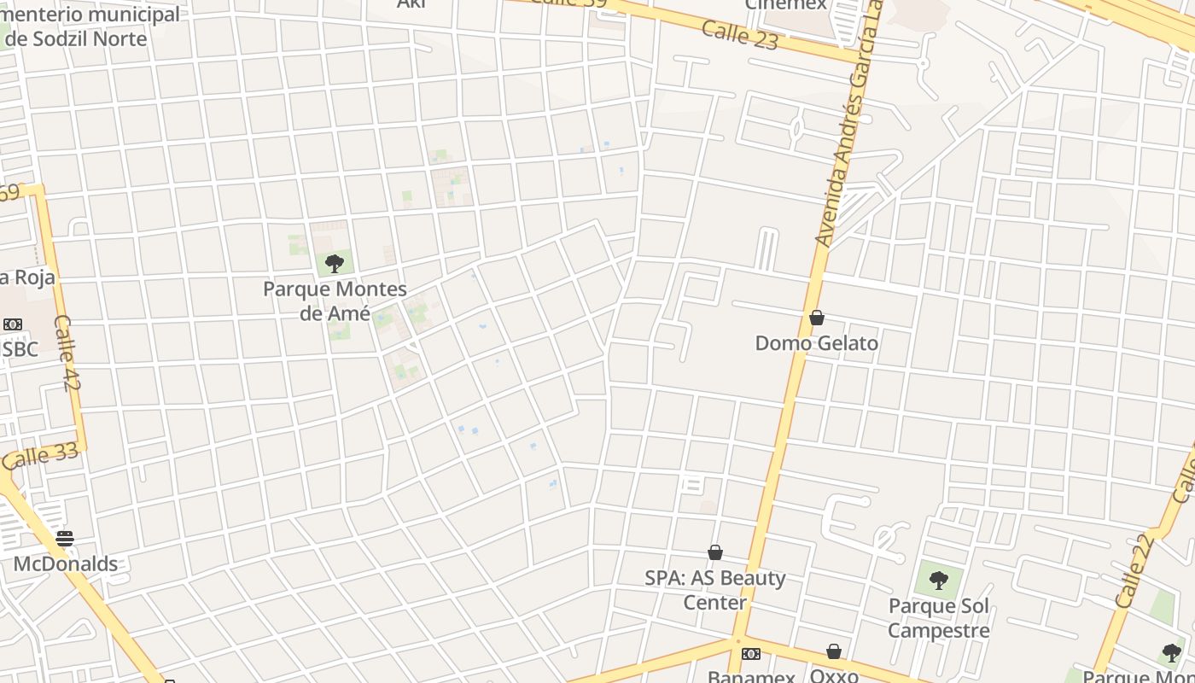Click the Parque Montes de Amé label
coord(335,301)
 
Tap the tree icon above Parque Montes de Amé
coord(335,263)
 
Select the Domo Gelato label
coord(817,343)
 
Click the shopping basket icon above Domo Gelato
coord(817,318)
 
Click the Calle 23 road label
coord(740,35)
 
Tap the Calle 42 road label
coord(66,353)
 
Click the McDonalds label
coord(66,563)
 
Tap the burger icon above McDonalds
coord(65,539)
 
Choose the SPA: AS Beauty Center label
coord(715,590)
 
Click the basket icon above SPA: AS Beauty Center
coord(715,553)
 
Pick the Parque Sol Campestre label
coord(939,618)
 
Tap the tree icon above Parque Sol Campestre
coord(939,581)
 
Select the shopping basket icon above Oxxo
coord(834,652)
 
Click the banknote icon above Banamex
coord(751,654)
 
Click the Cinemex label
coord(786,5)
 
